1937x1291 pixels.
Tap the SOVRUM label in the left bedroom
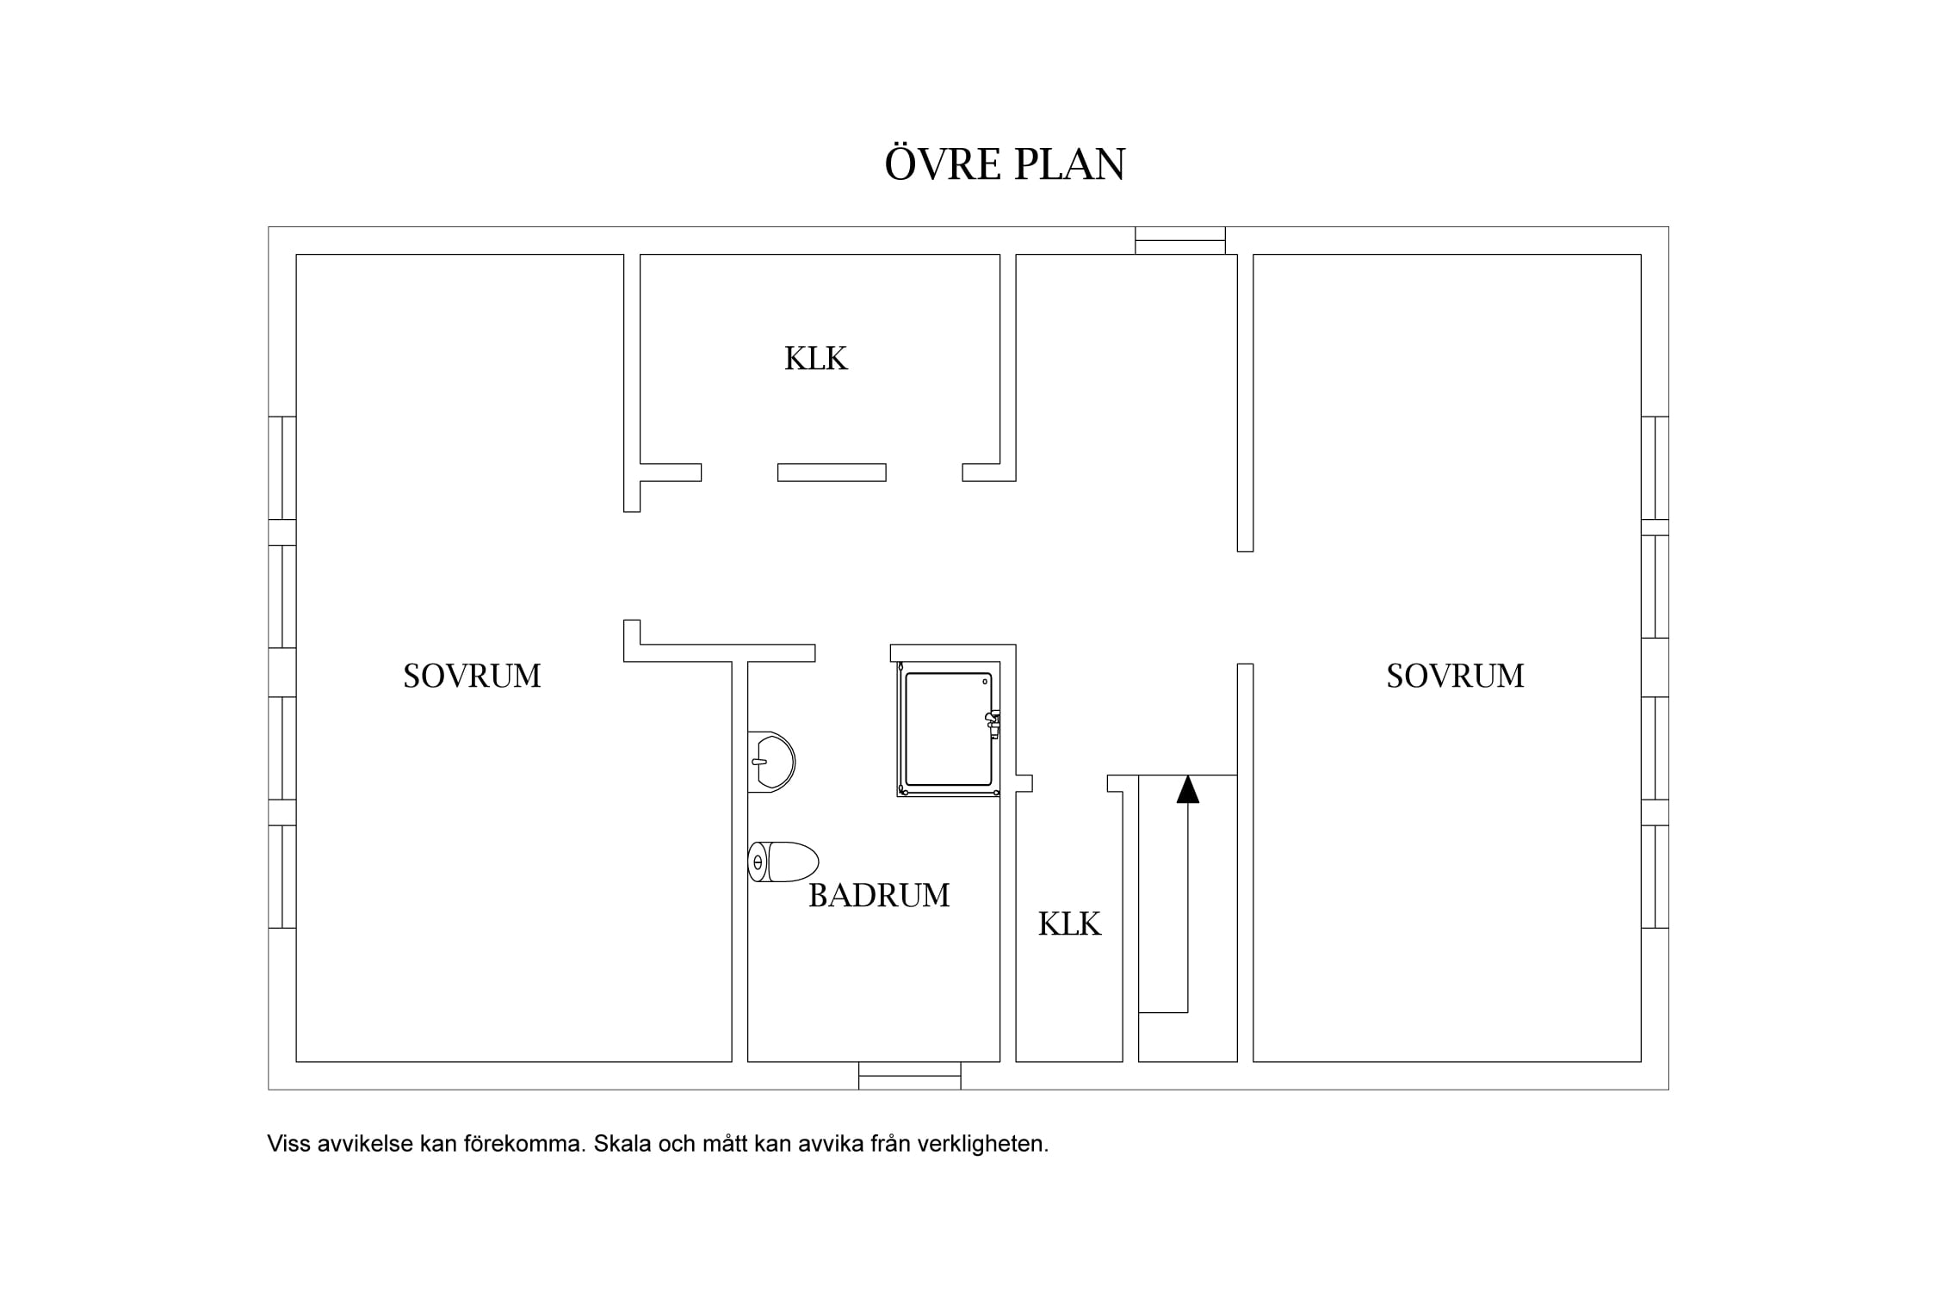tap(472, 676)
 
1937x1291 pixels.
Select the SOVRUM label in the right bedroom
tap(1455, 676)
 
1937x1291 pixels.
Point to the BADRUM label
tap(879, 896)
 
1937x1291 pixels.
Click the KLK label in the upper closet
tap(816, 358)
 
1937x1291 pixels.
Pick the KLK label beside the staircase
tap(1069, 923)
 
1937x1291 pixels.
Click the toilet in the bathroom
tap(783, 862)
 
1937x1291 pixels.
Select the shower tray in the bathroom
tap(948, 729)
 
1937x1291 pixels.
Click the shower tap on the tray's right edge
tap(993, 724)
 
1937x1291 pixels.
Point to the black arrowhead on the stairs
tap(1188, 788)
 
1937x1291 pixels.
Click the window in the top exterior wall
tap(1180, 240)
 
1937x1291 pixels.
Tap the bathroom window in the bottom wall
tap(910, 1076)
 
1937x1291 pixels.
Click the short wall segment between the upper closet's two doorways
tap(832, 473)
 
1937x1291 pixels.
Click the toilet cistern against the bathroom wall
tap(758, 862)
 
